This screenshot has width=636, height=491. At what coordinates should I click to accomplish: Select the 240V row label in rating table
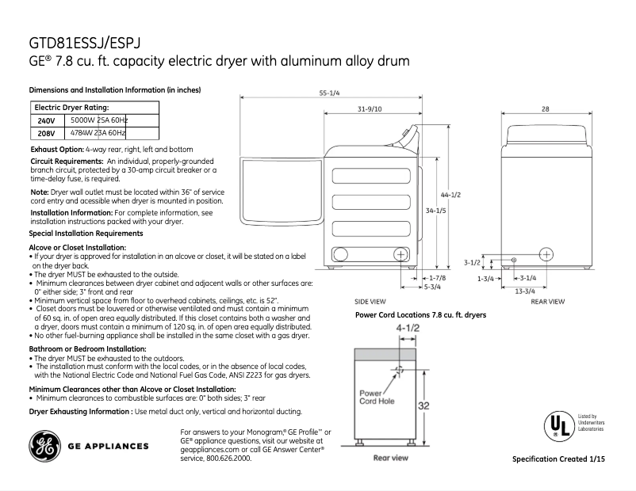[x=47, y=120]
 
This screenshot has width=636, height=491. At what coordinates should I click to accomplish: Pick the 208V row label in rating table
[x=47, y=133]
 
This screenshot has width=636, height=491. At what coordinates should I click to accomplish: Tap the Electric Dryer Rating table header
[x=71, y=107]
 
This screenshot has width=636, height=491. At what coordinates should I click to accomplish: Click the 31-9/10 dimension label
[x=370, y=108]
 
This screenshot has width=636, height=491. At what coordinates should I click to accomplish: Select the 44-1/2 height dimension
[x=450, y=195]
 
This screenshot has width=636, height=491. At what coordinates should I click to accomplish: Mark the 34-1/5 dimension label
[x=436, y=211]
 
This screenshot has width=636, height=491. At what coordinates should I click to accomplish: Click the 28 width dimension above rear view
[x=546, y=108]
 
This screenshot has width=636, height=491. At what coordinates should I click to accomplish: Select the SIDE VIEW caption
[x=370, y=302]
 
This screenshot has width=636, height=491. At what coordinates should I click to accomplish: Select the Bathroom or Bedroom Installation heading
[x=87, y=348]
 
